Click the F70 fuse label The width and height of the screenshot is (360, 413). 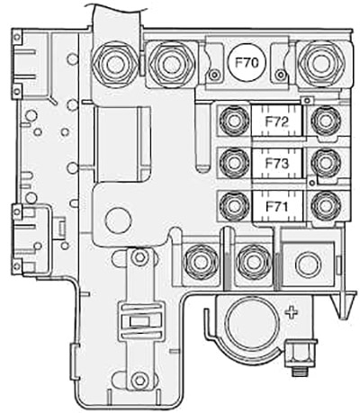[x=247, y=63]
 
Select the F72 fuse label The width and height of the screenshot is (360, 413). [x=276, y=121]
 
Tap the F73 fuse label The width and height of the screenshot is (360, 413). [x=276, y=164]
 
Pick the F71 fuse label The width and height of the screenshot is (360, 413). [x=276, y=207]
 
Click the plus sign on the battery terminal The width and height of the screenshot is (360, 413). [x=292, y=313]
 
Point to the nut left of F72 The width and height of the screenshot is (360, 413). [x=234, y=121]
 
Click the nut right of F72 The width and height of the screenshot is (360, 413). [x=326, y=121]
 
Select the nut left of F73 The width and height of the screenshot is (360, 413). [x=234, y=163]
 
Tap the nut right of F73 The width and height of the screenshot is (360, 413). [x=326, y=163]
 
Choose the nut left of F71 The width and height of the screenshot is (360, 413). [x=234, y=206]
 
